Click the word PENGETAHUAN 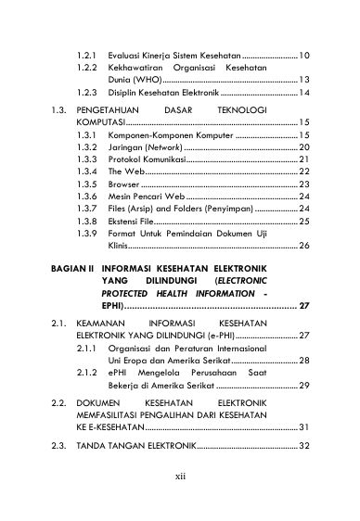tap(115, 109)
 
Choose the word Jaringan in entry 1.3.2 tap(127, 146)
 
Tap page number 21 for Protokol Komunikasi tap(303, 159)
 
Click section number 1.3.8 tap(87, 222)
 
